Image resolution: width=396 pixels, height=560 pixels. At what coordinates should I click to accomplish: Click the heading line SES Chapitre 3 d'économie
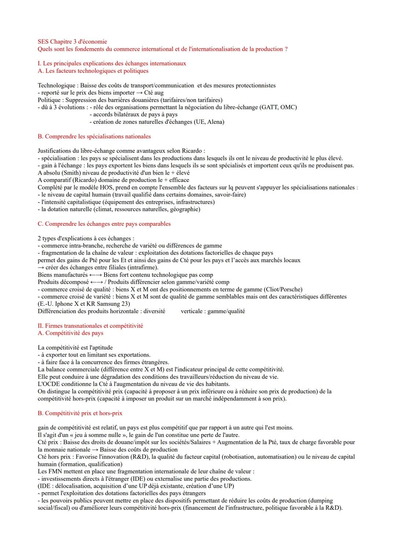pyautogui.click(x=72, y=42)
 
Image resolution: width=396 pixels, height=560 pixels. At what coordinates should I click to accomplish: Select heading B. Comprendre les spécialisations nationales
pyautogui.click(x=94, y=136)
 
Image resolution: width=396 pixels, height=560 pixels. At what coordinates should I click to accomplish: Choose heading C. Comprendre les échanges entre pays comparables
pyautogui.click(x=104, y=224)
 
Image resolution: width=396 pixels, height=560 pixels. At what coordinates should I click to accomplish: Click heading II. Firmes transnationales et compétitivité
pyautogui.click(x=90, y=326)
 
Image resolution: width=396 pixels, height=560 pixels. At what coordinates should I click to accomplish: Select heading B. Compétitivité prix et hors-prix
pyautogui.click(x=80, y=413)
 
